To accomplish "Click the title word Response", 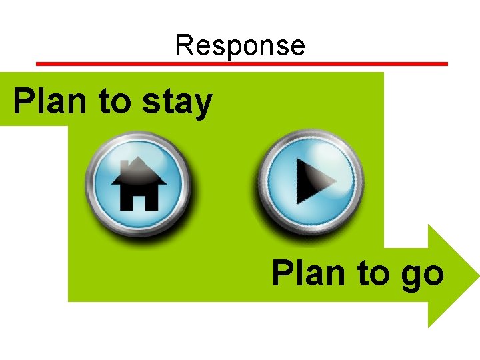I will [x=240, y=45].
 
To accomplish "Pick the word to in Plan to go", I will [x=372, y=274].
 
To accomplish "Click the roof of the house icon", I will [x=139, y=170].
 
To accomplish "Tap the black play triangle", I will [x=313, y=182].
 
